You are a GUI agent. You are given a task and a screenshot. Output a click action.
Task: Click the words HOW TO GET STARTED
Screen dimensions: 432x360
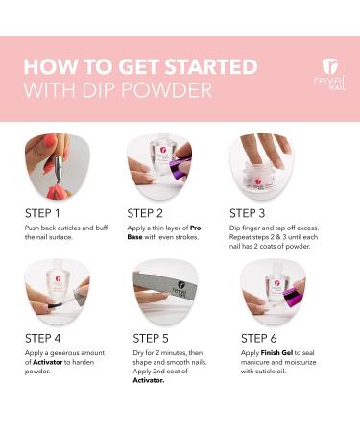coord(140,67)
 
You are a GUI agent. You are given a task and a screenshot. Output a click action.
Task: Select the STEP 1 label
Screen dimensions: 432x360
coord(46,212)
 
